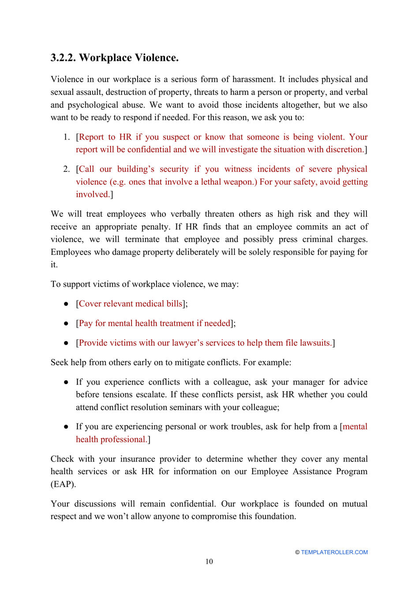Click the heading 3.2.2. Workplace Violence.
[x=114, y=58]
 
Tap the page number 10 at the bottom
[x=209, y=561]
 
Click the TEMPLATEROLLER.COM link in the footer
[x=334, y=552]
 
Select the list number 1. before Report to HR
[x=66, y=137]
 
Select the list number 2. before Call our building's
[x=66, y=169]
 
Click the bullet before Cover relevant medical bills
[x=66, y=304]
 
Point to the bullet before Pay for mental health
[x=66, y=323]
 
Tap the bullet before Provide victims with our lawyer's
[x=66, y=343]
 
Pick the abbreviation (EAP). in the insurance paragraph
[x=63, y=484]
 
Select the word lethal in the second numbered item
[x=211, y=181]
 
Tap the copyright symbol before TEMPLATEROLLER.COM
[x=297, y=552]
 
